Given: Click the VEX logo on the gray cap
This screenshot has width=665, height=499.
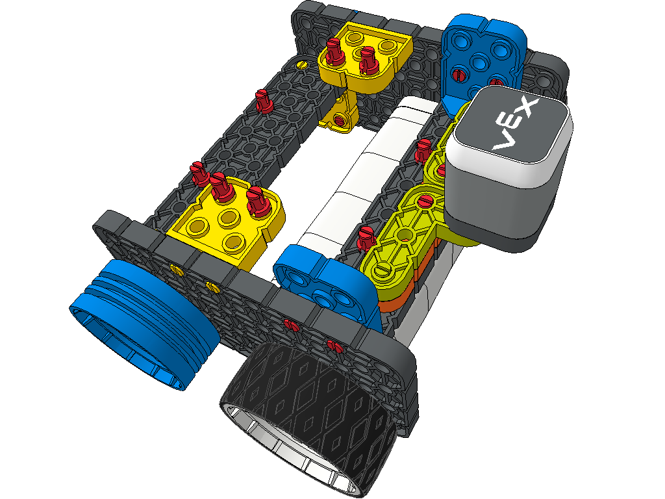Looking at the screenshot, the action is (x=515, y=125).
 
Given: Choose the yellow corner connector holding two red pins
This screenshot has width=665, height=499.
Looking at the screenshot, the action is (x=365, y=59).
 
